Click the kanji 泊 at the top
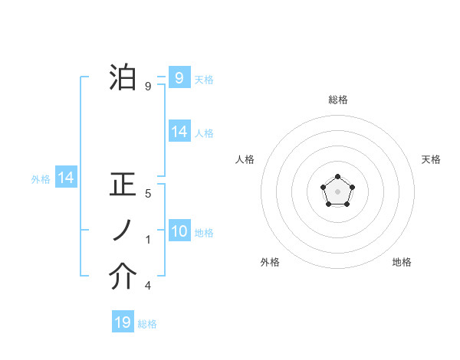pos(123,77)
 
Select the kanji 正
pos(123,187)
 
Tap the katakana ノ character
pos(123,231)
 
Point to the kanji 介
pos(123,277)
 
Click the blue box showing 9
pos(179,77)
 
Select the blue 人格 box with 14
pos(179,132)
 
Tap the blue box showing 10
pos(179,231)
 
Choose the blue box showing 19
pos(123,322)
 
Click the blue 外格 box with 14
pos(66,178)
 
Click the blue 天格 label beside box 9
pos(204,79)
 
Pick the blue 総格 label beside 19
pos(147,324)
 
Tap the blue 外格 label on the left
pos(41,179)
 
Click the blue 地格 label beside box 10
pos(204,232)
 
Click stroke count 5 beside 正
pos(147,195)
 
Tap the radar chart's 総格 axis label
pos(337,100)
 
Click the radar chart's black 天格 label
pos(431,159)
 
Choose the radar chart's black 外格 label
pos(270,262)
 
